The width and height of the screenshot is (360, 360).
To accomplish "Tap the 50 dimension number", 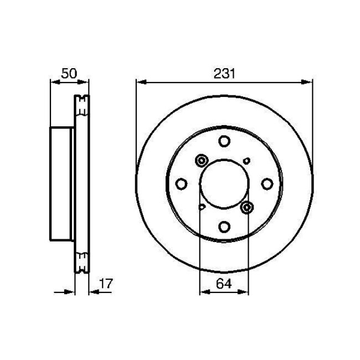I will point(69,73).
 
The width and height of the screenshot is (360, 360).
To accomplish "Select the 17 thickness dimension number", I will point(105,284).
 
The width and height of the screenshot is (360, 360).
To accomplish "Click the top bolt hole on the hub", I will point(224,141).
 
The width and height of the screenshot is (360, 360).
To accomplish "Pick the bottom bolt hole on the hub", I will point(224,227).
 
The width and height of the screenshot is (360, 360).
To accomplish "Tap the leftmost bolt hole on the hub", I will point(181,184).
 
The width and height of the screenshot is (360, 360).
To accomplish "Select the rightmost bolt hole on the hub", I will point(266,184).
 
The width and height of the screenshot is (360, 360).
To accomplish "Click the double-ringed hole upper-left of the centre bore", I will point(200,161).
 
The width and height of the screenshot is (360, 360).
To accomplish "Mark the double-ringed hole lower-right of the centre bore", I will point(247,207).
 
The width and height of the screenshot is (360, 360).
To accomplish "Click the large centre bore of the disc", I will point(224,184).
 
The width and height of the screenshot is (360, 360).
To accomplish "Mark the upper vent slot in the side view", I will point(82,105).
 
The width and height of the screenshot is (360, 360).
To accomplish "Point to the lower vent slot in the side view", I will point(82,262).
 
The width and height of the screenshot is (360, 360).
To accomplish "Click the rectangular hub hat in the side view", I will point(62,183).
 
